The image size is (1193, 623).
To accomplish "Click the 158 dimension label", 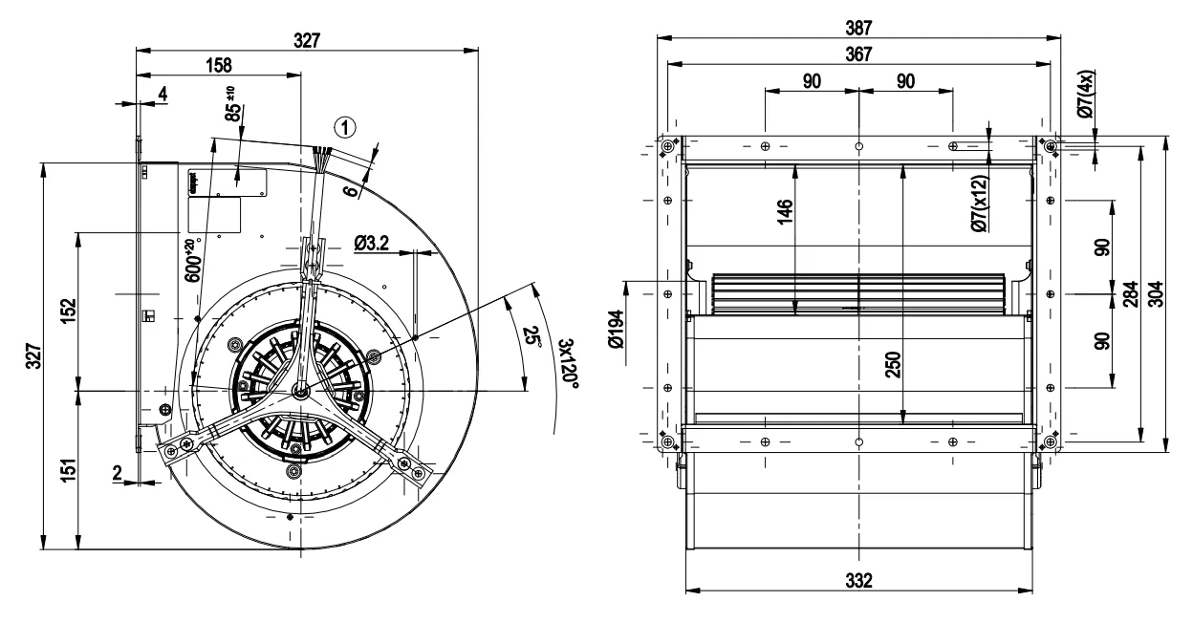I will [219, 65].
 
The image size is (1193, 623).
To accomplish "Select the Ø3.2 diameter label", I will [371, 245].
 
